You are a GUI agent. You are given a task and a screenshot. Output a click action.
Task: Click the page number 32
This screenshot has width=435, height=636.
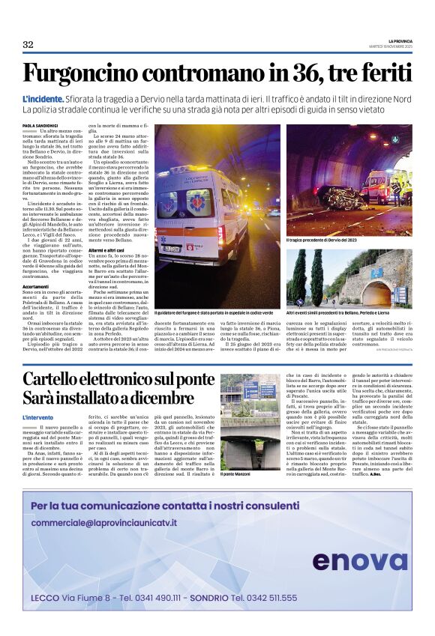(x=28, y=45)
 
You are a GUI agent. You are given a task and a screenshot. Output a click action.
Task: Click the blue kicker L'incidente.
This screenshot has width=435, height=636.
(x=43, y=100)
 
